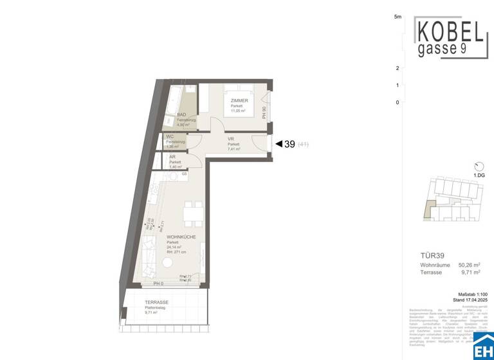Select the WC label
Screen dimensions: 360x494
pos(170,136)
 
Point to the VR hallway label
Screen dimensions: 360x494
pos(231,139)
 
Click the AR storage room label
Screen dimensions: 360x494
pos(172,156)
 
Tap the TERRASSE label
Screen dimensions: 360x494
pos(156,302)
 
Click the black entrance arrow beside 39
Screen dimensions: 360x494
pos(279,144)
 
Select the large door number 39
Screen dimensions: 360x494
pos(289,144)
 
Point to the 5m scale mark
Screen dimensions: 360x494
pos(398,17)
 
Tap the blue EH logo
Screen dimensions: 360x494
pos(483,349)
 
